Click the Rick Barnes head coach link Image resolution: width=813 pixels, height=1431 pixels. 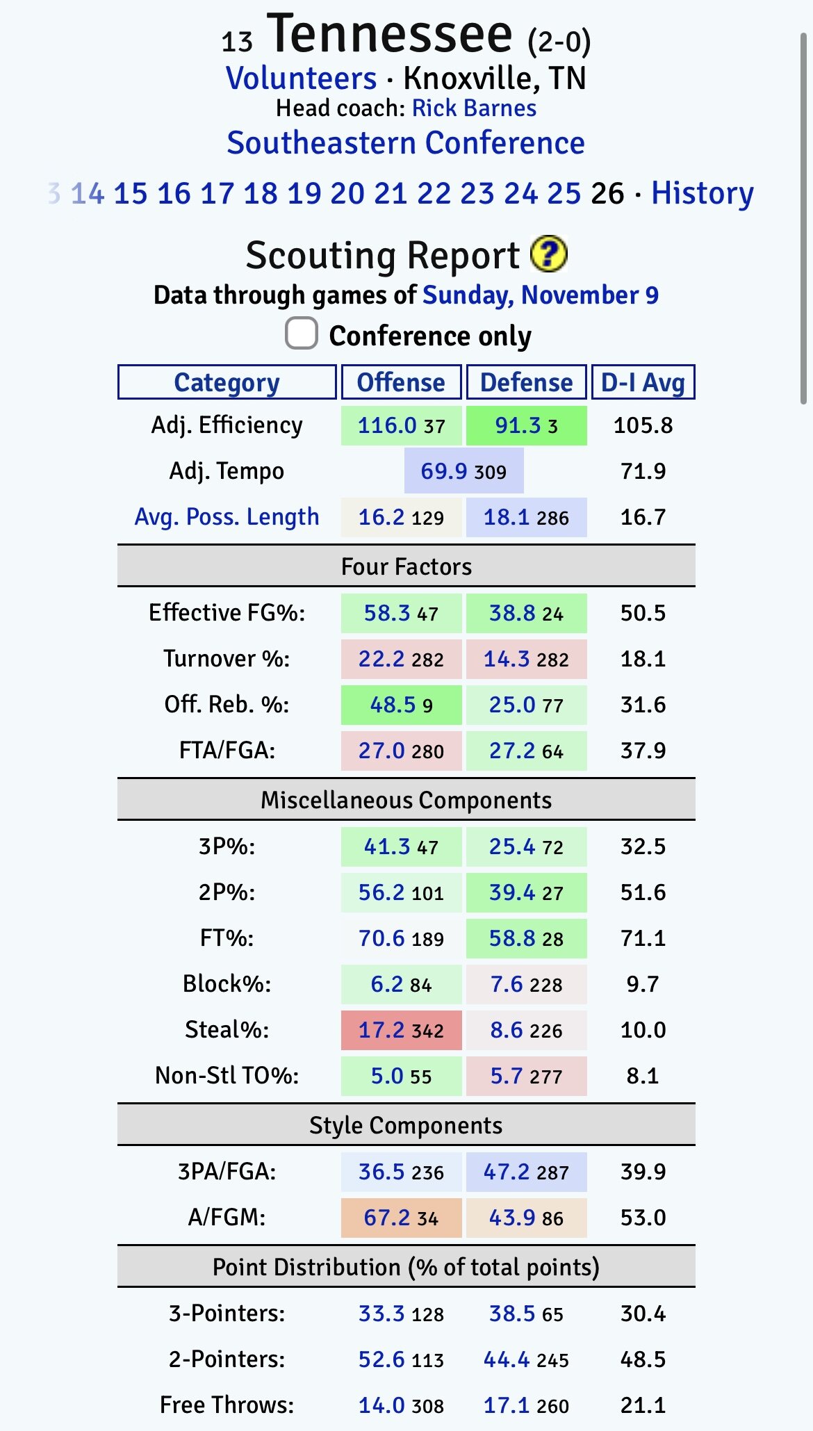[474, 108]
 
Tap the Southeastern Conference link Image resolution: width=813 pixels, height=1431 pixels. [406, 143]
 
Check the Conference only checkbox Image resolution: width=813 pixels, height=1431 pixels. [302, 334]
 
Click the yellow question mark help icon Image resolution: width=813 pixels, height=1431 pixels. [548, 254]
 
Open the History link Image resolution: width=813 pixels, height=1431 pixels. [702, 193]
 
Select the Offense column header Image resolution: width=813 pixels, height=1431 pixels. [401, 382]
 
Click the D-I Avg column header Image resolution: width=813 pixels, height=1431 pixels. [643, 382]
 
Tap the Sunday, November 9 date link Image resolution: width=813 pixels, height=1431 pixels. [541, 295]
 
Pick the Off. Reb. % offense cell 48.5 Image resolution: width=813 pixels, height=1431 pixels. [393, 705]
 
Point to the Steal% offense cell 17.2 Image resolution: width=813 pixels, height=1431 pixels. [382, 1030]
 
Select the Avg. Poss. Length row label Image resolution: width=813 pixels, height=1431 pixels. [227, 517]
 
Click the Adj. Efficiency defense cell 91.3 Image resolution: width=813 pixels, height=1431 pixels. [518, 425]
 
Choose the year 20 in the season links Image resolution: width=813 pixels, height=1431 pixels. [347, 193]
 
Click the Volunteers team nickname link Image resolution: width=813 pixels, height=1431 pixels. [302, 79]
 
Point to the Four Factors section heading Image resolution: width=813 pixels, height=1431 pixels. [406, 566]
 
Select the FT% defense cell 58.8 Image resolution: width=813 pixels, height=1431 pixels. [513, 938]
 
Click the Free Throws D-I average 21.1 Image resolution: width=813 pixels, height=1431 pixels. [643, 1405]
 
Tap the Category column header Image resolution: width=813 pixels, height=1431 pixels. [227, 382]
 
